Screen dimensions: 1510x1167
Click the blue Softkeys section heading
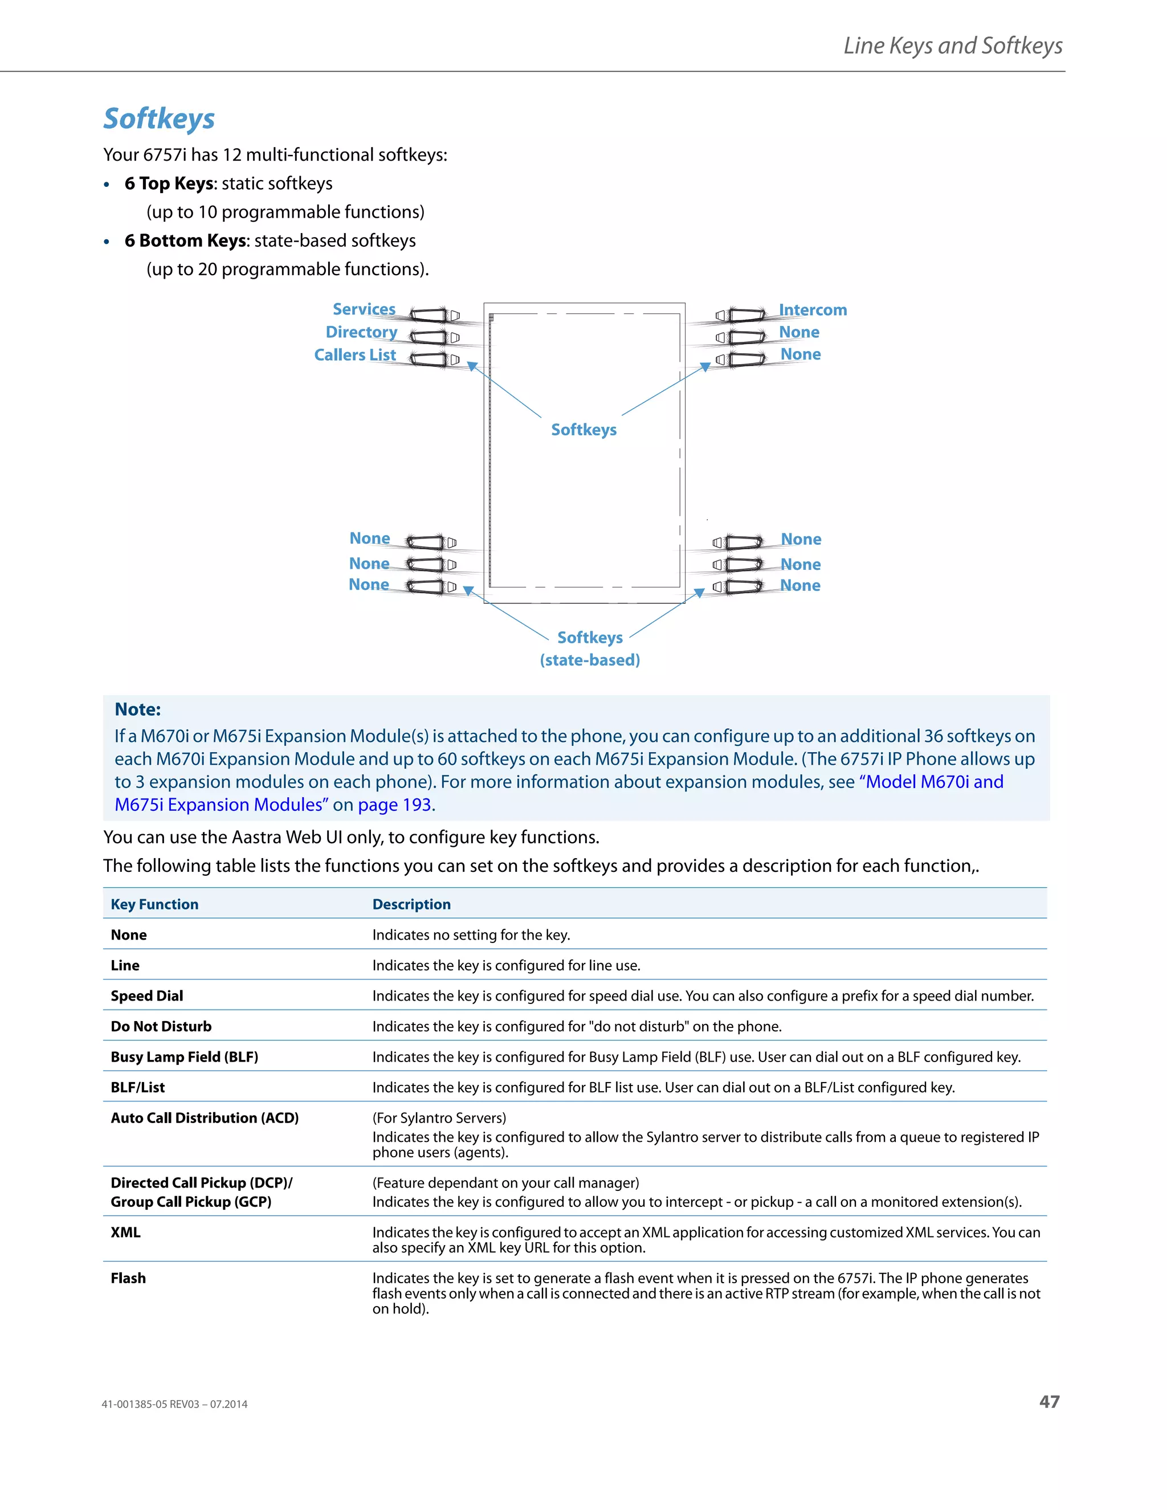click(159, 119)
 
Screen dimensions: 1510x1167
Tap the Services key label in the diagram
click(364, 309)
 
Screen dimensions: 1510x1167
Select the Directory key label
click(362, 332)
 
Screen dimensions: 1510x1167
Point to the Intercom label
click(813, 310)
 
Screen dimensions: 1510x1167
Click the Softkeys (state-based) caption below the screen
click(590, 648)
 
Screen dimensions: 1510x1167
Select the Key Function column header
click(154, 904)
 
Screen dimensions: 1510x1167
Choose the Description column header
click(411, 904)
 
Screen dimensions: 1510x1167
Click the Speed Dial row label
click(146, 995)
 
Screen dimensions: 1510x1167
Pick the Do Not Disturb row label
click(161, 1026)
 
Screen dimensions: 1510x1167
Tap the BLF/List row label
click(137, 1087)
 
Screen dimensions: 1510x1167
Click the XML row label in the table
click(125, 1232)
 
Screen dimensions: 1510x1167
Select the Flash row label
click(128, 1278)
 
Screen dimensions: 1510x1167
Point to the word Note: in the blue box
click(137, 709)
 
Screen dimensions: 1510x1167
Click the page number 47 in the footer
click(1049, 1402)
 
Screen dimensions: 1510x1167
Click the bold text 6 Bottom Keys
click(185, 240)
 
